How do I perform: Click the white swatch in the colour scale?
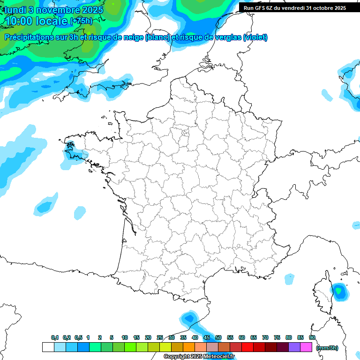pos(48,347)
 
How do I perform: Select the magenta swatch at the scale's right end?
pos(306,347)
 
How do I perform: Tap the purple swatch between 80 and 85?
pos(294,347)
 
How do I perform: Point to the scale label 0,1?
pos(55,338)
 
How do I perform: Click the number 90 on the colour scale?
pos(312,338)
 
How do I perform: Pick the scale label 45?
pos(207,338)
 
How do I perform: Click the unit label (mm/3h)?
pos(327,348)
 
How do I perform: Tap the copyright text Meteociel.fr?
pos(199,357)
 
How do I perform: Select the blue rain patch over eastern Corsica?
pos(339,291)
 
